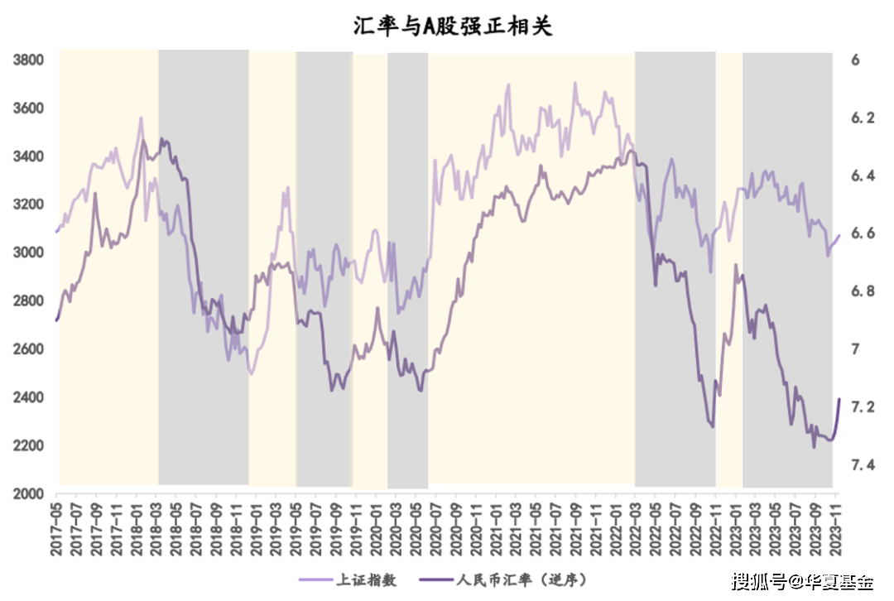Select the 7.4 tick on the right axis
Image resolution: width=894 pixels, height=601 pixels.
(861, 465)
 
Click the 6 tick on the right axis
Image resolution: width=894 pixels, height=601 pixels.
(855, 60)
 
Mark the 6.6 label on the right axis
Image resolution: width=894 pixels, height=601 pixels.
(861, 233)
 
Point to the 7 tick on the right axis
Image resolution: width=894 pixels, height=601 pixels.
(855, 349)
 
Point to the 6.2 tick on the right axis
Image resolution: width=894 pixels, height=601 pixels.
(861, 118)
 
